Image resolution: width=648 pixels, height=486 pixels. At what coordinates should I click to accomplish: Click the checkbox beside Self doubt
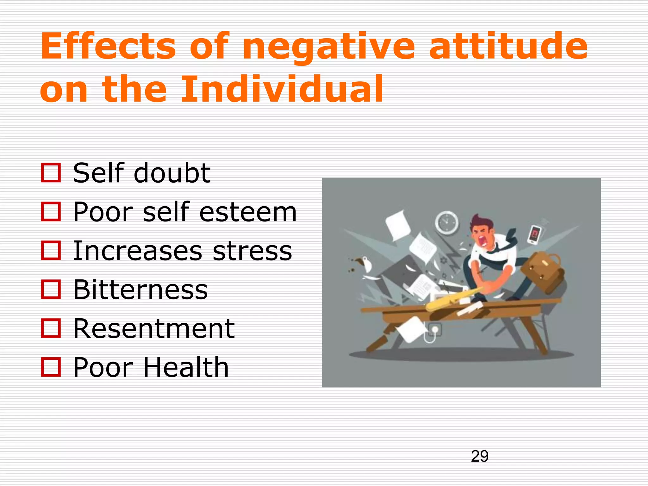51,173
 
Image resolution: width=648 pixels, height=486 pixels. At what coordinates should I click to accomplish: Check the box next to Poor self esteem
51,212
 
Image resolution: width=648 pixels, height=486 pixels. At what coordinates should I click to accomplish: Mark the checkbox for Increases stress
51,251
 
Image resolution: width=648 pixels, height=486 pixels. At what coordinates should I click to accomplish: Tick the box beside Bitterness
51,290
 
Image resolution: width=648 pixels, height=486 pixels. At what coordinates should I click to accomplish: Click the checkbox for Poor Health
51,367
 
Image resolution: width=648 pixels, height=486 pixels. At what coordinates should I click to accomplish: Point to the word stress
252,251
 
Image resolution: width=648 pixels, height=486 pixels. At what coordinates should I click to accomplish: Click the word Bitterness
140,290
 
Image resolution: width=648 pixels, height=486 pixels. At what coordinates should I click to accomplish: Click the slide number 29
479,456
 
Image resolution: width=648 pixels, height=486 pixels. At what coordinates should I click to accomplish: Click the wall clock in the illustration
446,223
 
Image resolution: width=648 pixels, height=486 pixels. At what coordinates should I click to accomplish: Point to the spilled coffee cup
364,263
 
